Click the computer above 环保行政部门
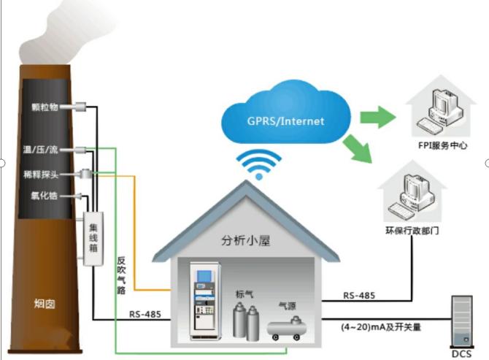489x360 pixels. (412, 197)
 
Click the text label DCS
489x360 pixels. (461, 353)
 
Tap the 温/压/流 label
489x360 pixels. (45, 150)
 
